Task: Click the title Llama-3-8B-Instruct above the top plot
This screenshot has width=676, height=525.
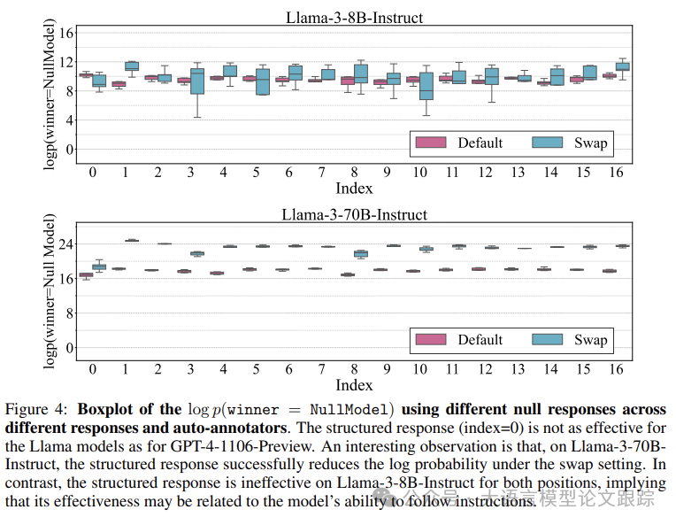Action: (x=354, y=17)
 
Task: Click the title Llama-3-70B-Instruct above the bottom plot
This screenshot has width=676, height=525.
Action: (x=354, y=214)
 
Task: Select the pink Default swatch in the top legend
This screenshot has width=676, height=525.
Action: (x=431, y=143)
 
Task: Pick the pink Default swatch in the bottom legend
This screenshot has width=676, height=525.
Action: (x=431, y=340)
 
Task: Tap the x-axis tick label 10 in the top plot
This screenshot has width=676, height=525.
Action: (x=420, y=172)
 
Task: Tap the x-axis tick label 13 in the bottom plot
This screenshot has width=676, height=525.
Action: (x=518, y=369)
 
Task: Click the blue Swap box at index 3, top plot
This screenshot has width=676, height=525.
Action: (x=197, y=81)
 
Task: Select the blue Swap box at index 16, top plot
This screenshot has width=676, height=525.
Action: (x=623, y=66)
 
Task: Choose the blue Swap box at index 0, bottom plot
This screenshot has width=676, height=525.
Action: (x=99, y=266)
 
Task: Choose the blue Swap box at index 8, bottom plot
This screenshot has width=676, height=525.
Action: (x=361, y=254)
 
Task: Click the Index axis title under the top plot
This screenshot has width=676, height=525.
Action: (x=354, y=188)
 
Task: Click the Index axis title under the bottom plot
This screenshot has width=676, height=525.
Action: (x=354, y=385)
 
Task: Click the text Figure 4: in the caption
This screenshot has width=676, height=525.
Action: (x=38, y=410)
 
